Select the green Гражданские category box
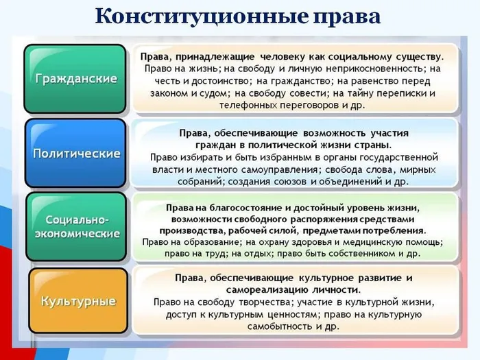pos(75,78)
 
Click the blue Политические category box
pos(75,153)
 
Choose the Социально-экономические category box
pos(75,226)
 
